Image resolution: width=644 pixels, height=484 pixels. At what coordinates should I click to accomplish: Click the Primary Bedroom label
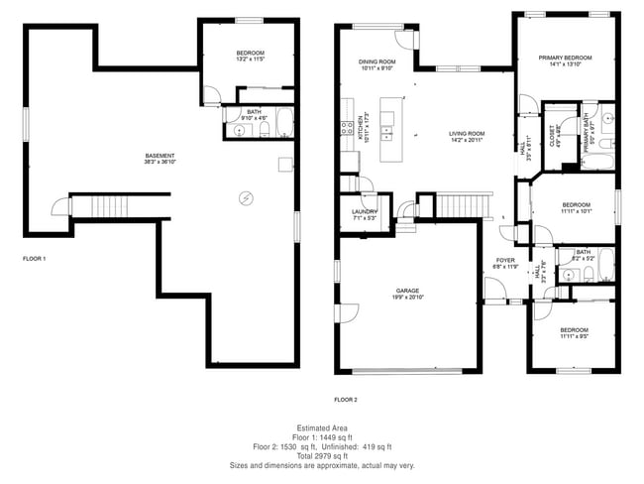[565, 58]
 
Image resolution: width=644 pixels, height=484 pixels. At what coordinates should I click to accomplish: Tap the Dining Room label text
[377, 61]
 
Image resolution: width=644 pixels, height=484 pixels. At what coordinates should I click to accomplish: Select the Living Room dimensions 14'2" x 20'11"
[467, 140]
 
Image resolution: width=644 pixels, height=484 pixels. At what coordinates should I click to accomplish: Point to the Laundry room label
[364, 211]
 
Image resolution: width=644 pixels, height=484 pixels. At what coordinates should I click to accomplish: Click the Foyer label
[506, 260]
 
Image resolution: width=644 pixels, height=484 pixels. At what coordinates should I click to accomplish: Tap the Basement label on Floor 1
[160, 155]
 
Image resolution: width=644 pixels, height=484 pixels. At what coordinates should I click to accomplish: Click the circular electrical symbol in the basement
[245, 197]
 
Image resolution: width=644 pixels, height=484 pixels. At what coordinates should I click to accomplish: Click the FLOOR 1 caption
[35, 258]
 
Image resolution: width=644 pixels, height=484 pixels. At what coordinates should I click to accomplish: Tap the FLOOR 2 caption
[345, 399]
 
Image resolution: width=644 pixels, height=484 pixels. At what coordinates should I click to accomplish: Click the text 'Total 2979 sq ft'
[322, 455]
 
